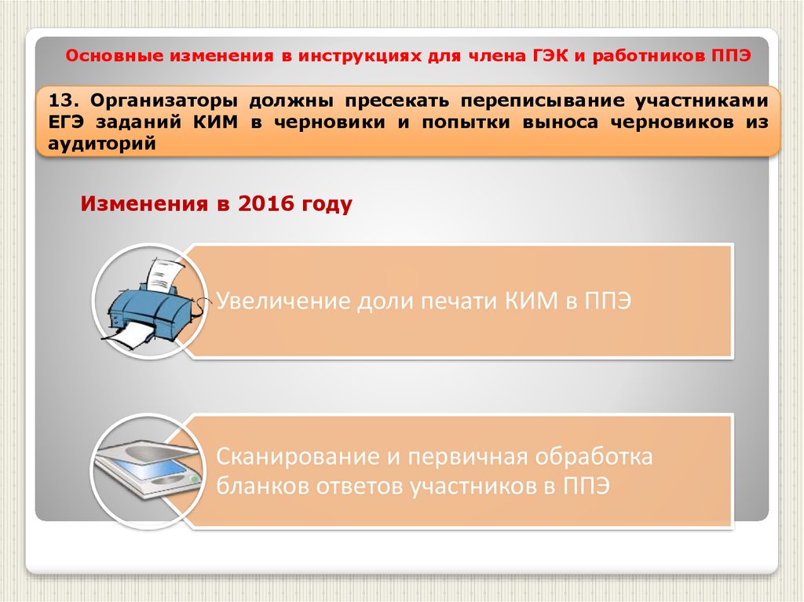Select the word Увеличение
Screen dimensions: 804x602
tap(283, 301)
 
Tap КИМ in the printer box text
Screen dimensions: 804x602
tap(531, 301)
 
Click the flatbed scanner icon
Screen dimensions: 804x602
tap(147, 468)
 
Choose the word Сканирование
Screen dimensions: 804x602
tap(298, 456)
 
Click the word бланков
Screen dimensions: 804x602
tap(262, 485)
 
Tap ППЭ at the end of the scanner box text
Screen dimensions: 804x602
tap(587, 486)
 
